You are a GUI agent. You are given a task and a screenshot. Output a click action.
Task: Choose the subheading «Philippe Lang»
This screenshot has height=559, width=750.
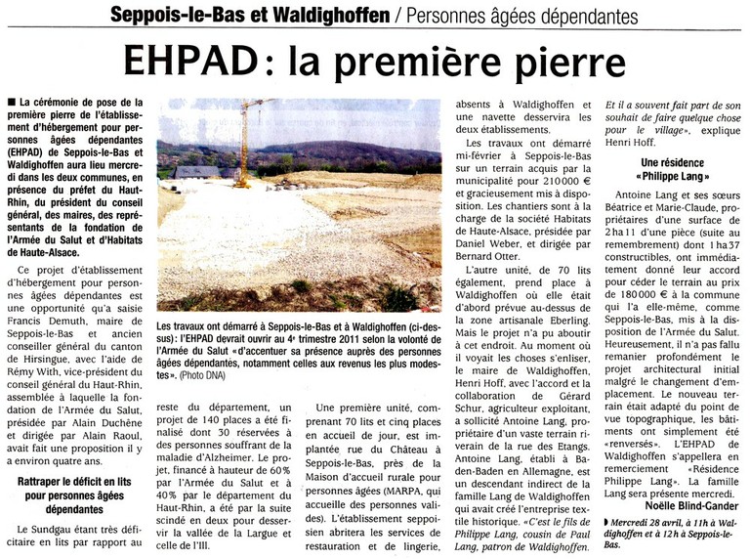pyautogui.click(x=675, y=177)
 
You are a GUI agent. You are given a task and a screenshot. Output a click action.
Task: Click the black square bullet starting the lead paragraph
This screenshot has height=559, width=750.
pyautogui.click(x=11, y=102)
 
